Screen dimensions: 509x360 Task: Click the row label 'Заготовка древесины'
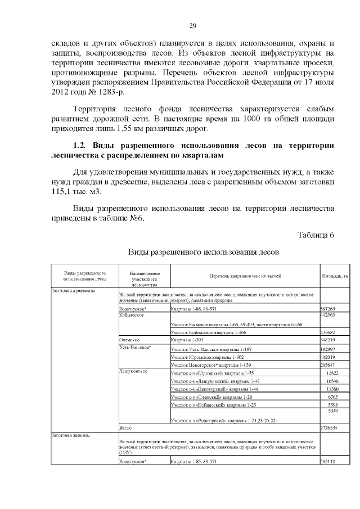click(73, 291)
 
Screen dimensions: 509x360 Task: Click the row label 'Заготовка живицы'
click(71, 435)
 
